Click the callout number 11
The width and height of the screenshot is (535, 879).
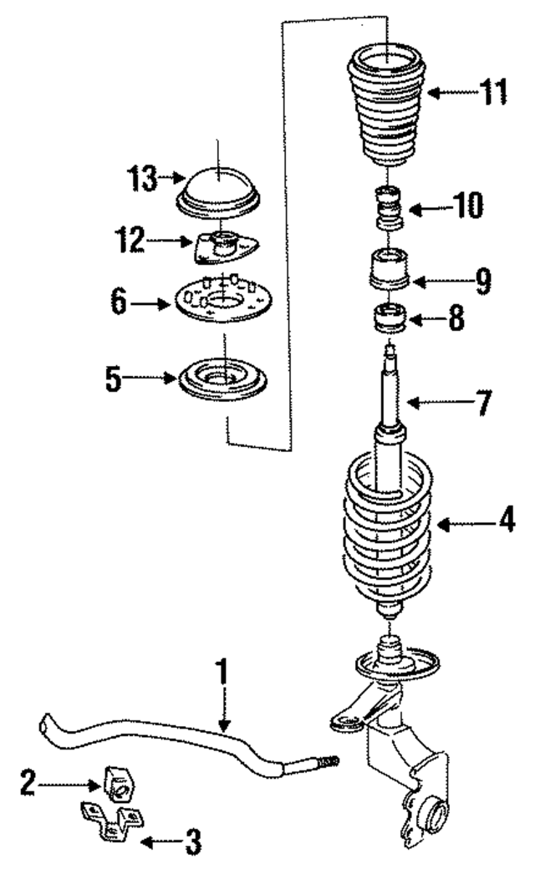(x=493, y=92)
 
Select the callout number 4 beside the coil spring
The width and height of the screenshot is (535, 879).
(x=505, y=524)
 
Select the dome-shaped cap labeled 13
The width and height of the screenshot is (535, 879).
(x=218, y=188)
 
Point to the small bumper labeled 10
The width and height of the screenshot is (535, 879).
(x=387, y=209)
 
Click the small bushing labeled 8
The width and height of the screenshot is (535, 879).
(x=388, y=319)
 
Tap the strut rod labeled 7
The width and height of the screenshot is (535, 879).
(x=390, y=393)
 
